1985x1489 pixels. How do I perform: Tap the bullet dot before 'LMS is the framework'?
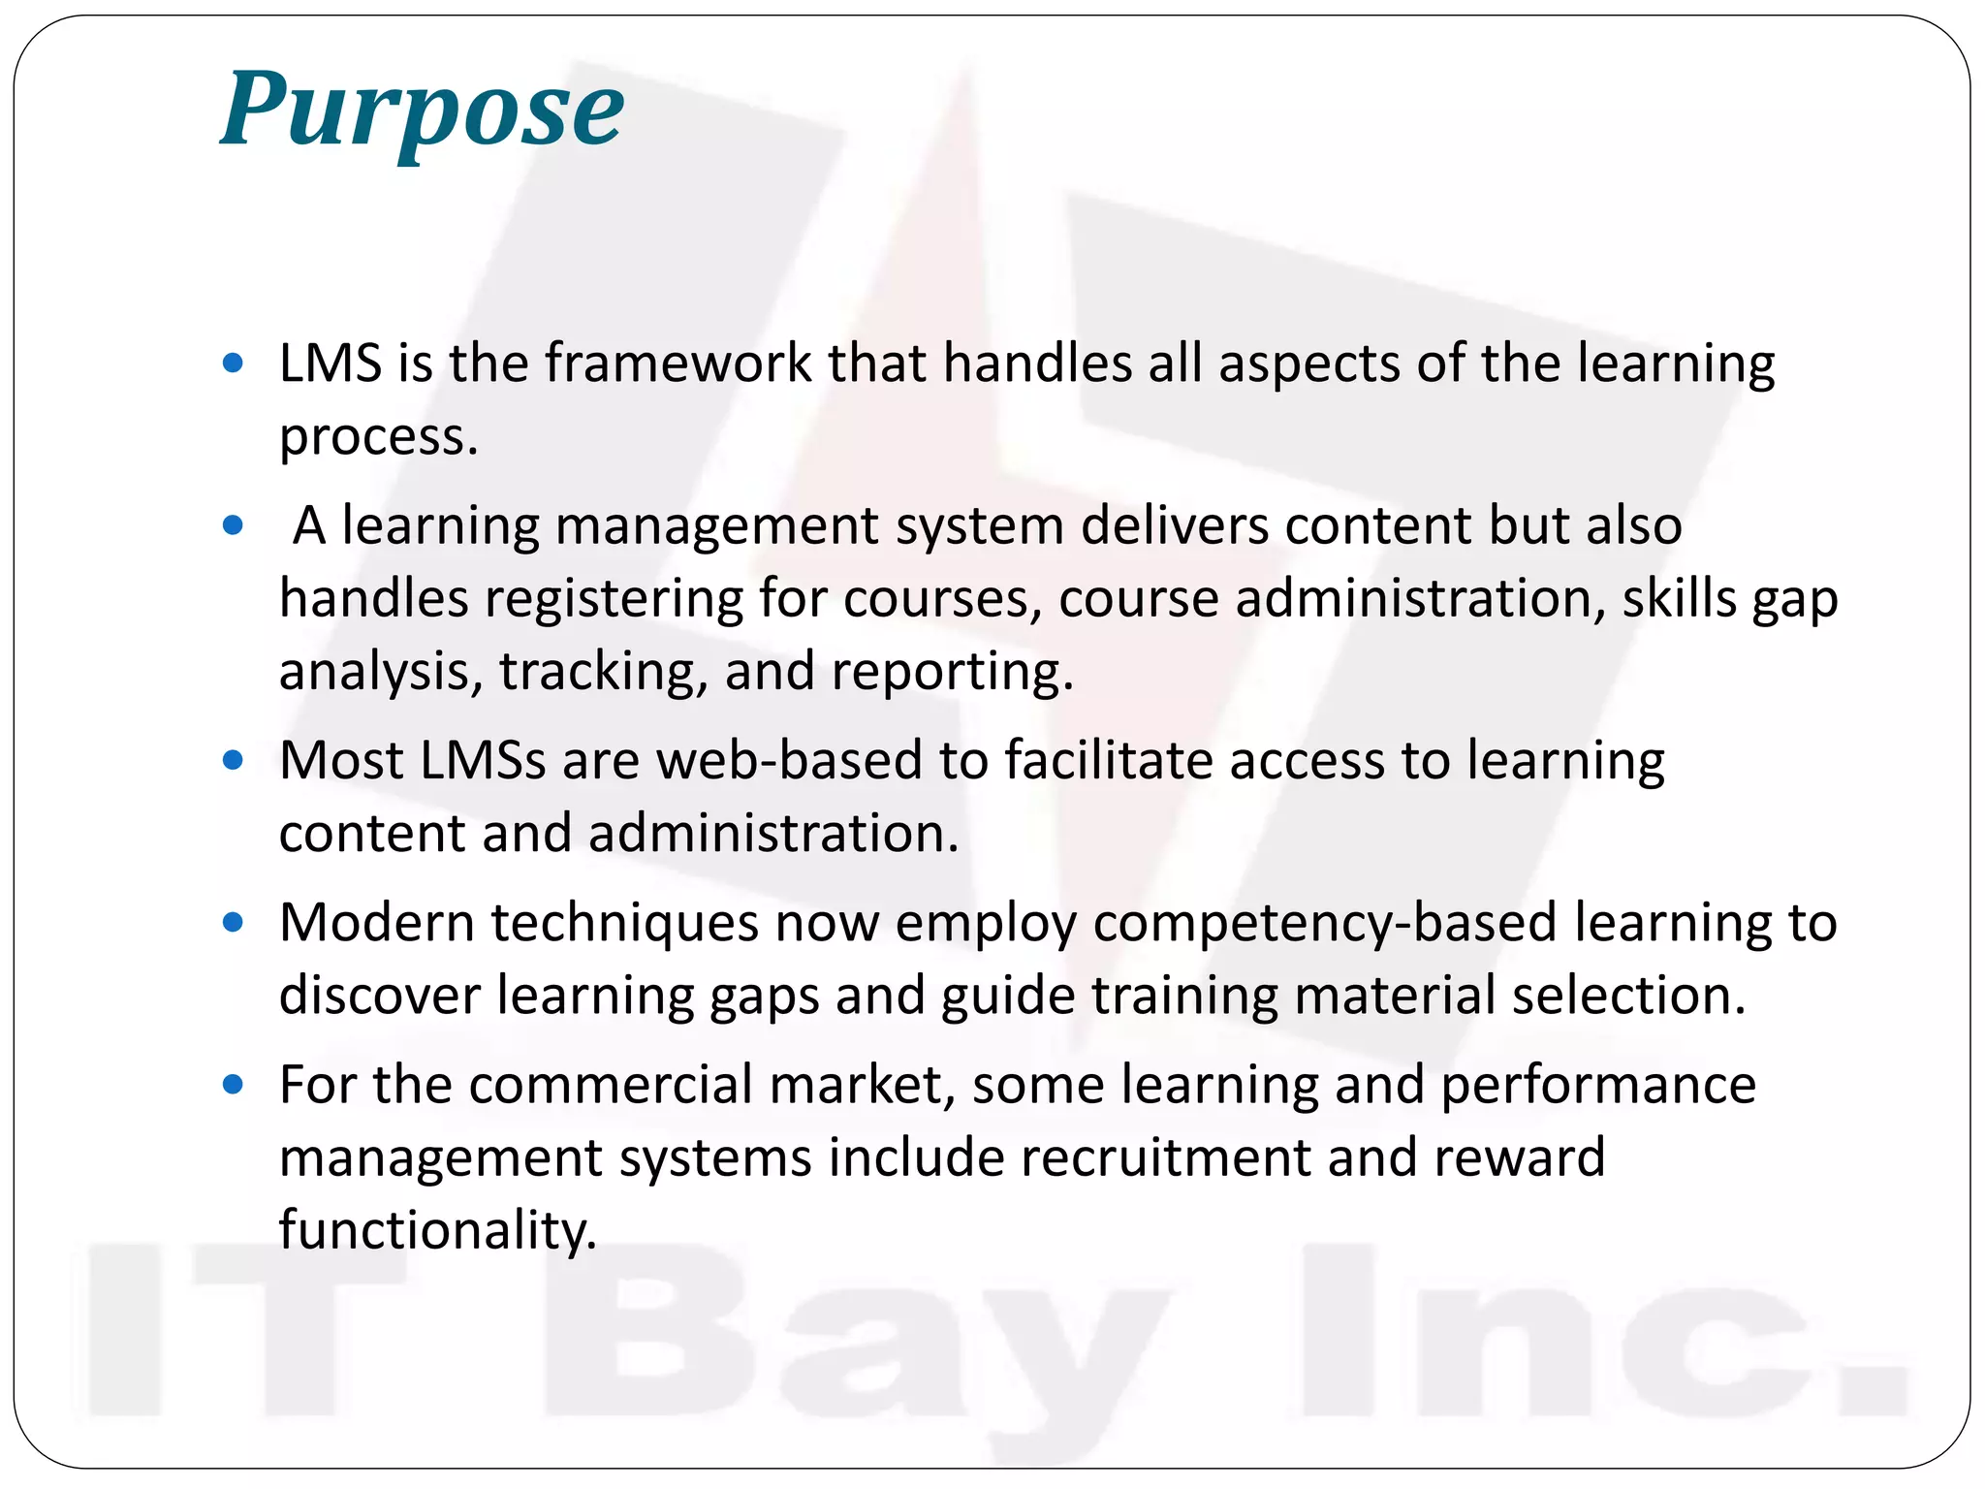click(233, 364)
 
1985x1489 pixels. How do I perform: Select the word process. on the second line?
click(379, 437)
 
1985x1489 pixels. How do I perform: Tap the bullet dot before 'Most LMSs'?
click(233, 760)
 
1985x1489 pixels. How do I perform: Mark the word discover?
click(379, 996)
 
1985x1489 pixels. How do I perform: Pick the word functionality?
click(437, 1231)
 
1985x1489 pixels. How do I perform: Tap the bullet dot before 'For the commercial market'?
click(233, 1085)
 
